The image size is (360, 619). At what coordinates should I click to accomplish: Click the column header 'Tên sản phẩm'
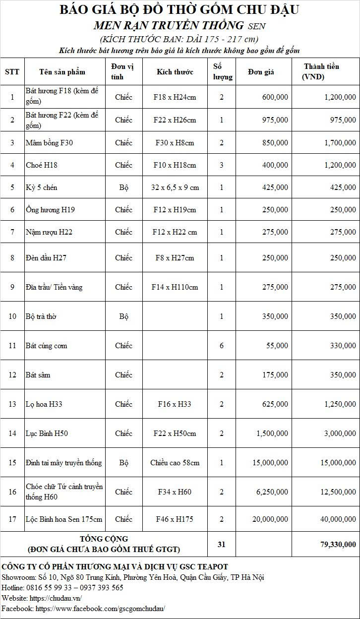62,72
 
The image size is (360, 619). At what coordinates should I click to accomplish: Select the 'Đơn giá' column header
261,72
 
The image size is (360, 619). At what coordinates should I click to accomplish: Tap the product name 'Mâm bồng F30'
49,143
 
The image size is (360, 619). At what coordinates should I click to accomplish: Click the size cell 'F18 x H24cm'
175,97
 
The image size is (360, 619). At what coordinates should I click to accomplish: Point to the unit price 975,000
275,120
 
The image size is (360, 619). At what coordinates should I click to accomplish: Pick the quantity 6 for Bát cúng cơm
221,346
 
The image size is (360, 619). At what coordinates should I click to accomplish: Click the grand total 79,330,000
338,544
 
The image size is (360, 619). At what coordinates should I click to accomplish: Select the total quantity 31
221,544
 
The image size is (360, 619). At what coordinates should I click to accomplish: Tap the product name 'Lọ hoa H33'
44,404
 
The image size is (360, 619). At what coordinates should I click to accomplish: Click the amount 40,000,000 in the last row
336,519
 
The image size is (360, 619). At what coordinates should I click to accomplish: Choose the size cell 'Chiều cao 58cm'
175,463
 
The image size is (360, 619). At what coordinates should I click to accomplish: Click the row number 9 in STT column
12,287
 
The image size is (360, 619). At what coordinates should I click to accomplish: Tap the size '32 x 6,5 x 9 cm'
175,187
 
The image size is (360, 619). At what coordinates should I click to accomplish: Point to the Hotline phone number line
62,588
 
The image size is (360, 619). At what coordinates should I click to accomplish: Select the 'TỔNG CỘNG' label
104,539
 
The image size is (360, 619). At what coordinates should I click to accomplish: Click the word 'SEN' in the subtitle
256,26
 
